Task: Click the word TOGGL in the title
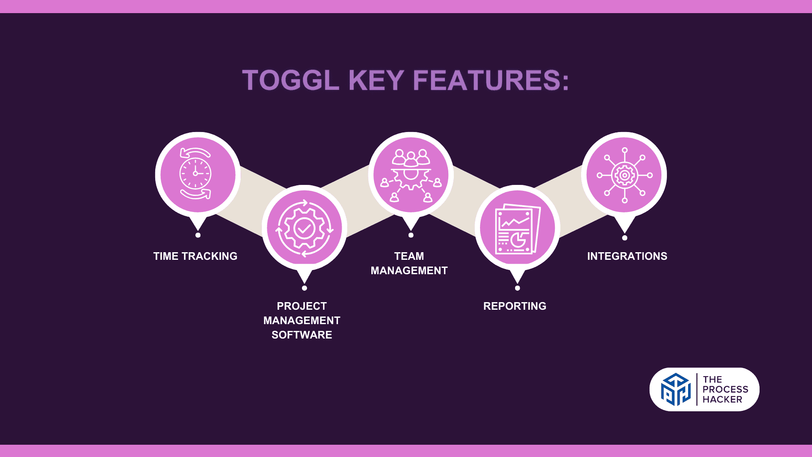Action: [291, 80]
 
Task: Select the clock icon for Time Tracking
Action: [195, 173]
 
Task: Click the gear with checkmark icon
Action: [304, 228]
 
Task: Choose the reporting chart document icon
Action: [518, 229]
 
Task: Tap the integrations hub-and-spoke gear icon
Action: [625, 175]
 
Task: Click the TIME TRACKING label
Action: [195, 256]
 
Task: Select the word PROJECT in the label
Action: [302, 306]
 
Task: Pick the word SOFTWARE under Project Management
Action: [302, 335]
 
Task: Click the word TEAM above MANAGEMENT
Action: [409, 256]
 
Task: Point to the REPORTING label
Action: [515, 306]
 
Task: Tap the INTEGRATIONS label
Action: [627, 256]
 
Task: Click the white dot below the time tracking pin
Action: [198, 235]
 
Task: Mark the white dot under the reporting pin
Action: [518, 288]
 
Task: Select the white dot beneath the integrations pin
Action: [625, 238]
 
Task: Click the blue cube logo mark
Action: [676, 389]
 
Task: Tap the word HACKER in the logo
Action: [722, 399]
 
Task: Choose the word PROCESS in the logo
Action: [725, 389]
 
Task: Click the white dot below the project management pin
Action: [304, 288]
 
